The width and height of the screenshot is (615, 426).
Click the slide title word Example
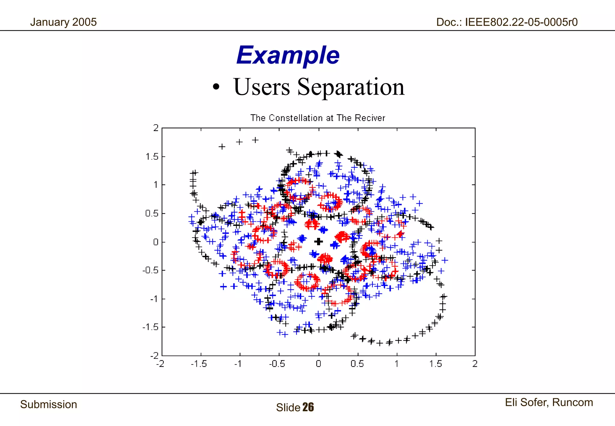[x=288, y=56]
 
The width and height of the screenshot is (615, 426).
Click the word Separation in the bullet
[x=350, y=87]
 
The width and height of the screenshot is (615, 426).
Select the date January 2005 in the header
[x=63, y=22]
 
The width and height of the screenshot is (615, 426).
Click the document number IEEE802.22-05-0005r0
[x=521, y=22]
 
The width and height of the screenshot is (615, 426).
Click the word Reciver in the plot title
[x=370, y=118]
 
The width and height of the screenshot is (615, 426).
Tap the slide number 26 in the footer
[x=308, y=407]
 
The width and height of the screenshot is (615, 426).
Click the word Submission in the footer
[x=49, y=404]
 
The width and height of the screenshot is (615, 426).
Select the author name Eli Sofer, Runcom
[x=549, y=402]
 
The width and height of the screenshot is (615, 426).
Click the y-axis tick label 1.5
[x=152, y=157]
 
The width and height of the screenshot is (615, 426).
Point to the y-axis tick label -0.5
[x=150, y=270]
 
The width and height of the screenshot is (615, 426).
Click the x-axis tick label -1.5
[x=198, y=364]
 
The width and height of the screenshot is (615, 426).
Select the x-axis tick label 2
[x=474, y=364]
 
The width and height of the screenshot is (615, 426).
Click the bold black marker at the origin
[x=319, y=241]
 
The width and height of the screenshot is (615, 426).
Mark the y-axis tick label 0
[x=155, y=242]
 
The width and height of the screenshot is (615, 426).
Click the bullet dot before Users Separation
[x=216, y=87]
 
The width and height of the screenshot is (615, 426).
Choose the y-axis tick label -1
[x=154, y=299]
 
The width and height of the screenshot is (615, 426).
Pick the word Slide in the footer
[x=288, y=408]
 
